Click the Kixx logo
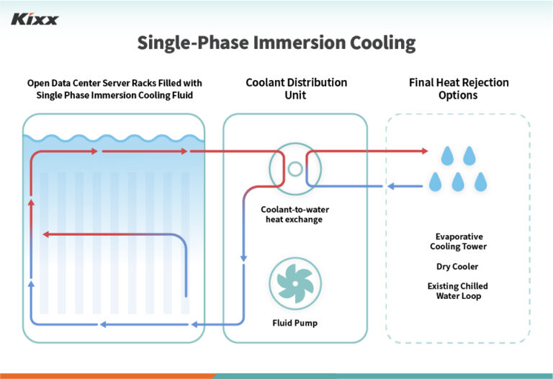pyautogui.click(x=35, y=19)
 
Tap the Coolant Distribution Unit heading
pyautogui.click(x=296, y=89)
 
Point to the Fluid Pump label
pyautogui.click(x=295, y=323)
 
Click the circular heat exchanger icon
pyautogui.click(x=295, y=169)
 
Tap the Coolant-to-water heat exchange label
pyautogui.click(x=295, y=214)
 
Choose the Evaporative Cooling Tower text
pyautogui.click(x=459, y=241)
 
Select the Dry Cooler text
pyautogui.click(x=458, y=267)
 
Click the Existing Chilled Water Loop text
pyautogui.click(x=458, y=291)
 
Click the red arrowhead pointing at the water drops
pyautogui.click(x=423, y=151)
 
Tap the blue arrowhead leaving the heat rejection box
pyautogui.click(x=390, y=187)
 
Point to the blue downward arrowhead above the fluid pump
pyautogui.click(x=244, y=258)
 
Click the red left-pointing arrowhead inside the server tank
pyautogui.click(x=45, y=234)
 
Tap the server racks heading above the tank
pyautogui.click(x=114, y=89)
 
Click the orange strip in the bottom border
pyautogui.click(x=108, y=375)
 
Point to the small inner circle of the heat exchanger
pyautogui.click(x=295, y=169)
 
